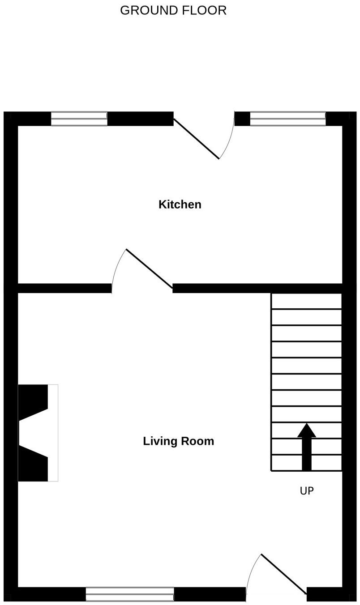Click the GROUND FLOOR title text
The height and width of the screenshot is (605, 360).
[173, 10]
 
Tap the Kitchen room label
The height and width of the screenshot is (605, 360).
[180, 205]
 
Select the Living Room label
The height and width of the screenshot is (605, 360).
[178, 441]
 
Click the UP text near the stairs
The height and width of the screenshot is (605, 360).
[307, 491]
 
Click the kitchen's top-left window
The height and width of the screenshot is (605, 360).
[79, 119]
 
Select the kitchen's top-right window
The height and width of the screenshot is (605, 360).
[287, 119]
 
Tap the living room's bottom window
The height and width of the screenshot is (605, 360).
[130, 594]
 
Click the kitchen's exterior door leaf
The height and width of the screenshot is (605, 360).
[196, 138]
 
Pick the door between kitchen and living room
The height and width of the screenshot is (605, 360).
[149, 268]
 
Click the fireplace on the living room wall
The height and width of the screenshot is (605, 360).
[38, 433]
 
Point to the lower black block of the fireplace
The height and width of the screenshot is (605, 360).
[33, 465]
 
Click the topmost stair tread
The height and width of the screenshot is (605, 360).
[307, 301]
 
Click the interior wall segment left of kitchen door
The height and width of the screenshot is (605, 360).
[64, 288]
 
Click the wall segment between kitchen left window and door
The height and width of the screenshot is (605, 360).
[140, 119]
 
